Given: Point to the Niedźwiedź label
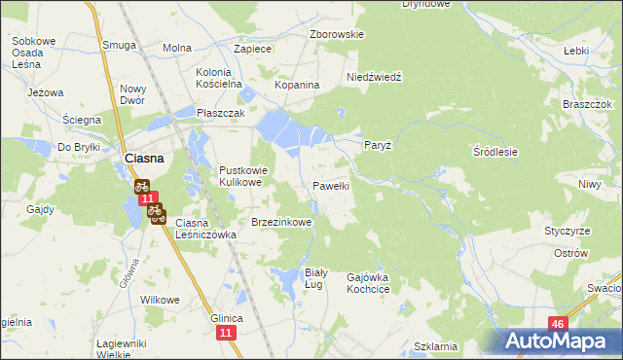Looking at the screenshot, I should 375,76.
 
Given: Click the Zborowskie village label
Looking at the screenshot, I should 336,34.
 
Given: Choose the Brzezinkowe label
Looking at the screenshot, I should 281,222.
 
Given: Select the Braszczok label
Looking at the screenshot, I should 586,104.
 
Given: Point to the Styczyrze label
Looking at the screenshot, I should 568,231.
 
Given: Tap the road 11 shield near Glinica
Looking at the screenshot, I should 226,334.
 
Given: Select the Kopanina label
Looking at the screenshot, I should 297,86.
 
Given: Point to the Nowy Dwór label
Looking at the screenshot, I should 132,94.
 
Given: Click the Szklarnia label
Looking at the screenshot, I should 435,346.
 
